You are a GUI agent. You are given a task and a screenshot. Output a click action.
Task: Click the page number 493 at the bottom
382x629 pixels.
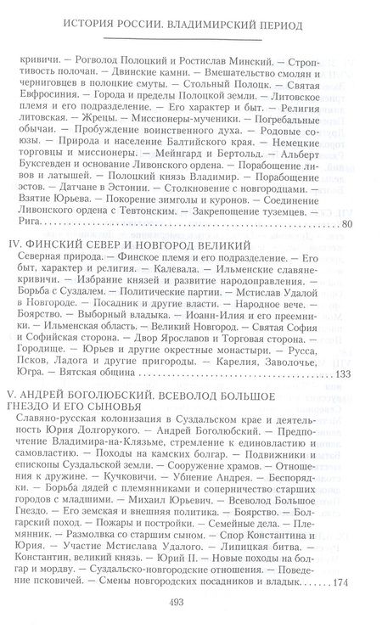click(191, 599)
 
